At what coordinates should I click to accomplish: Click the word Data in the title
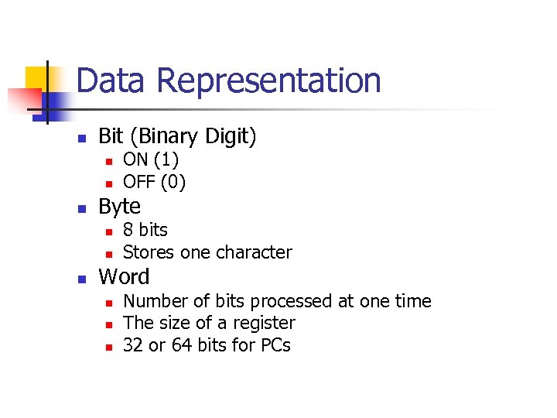(x=108, y=81)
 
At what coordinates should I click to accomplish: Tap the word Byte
(x=120, y=207)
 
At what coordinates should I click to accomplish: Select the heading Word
(x=124, y=276)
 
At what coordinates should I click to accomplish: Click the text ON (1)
(x=151, y=160)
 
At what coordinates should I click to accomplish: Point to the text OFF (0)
(x=154, y=183)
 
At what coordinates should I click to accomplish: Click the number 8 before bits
(x=128, y=230)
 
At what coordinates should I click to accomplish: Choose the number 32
(x=133, y=345)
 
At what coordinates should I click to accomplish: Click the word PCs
(x=274, y=345)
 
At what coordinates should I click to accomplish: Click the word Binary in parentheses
(x=166, y=137)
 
